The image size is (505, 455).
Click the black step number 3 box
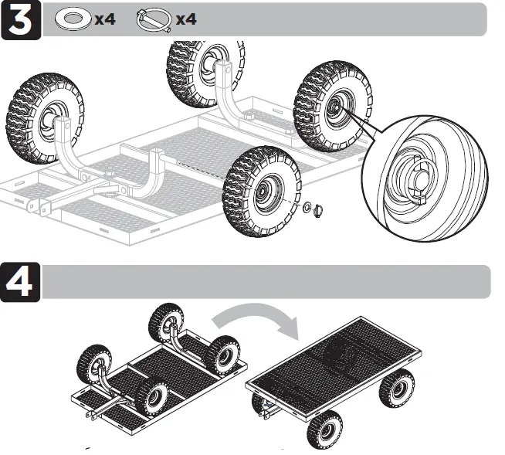pyautogui.click(x=22, y=19)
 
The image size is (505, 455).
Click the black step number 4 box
pyautogui.click(x=22, y=282)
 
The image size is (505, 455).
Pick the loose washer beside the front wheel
pyautogui.click(x=307, y=206)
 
